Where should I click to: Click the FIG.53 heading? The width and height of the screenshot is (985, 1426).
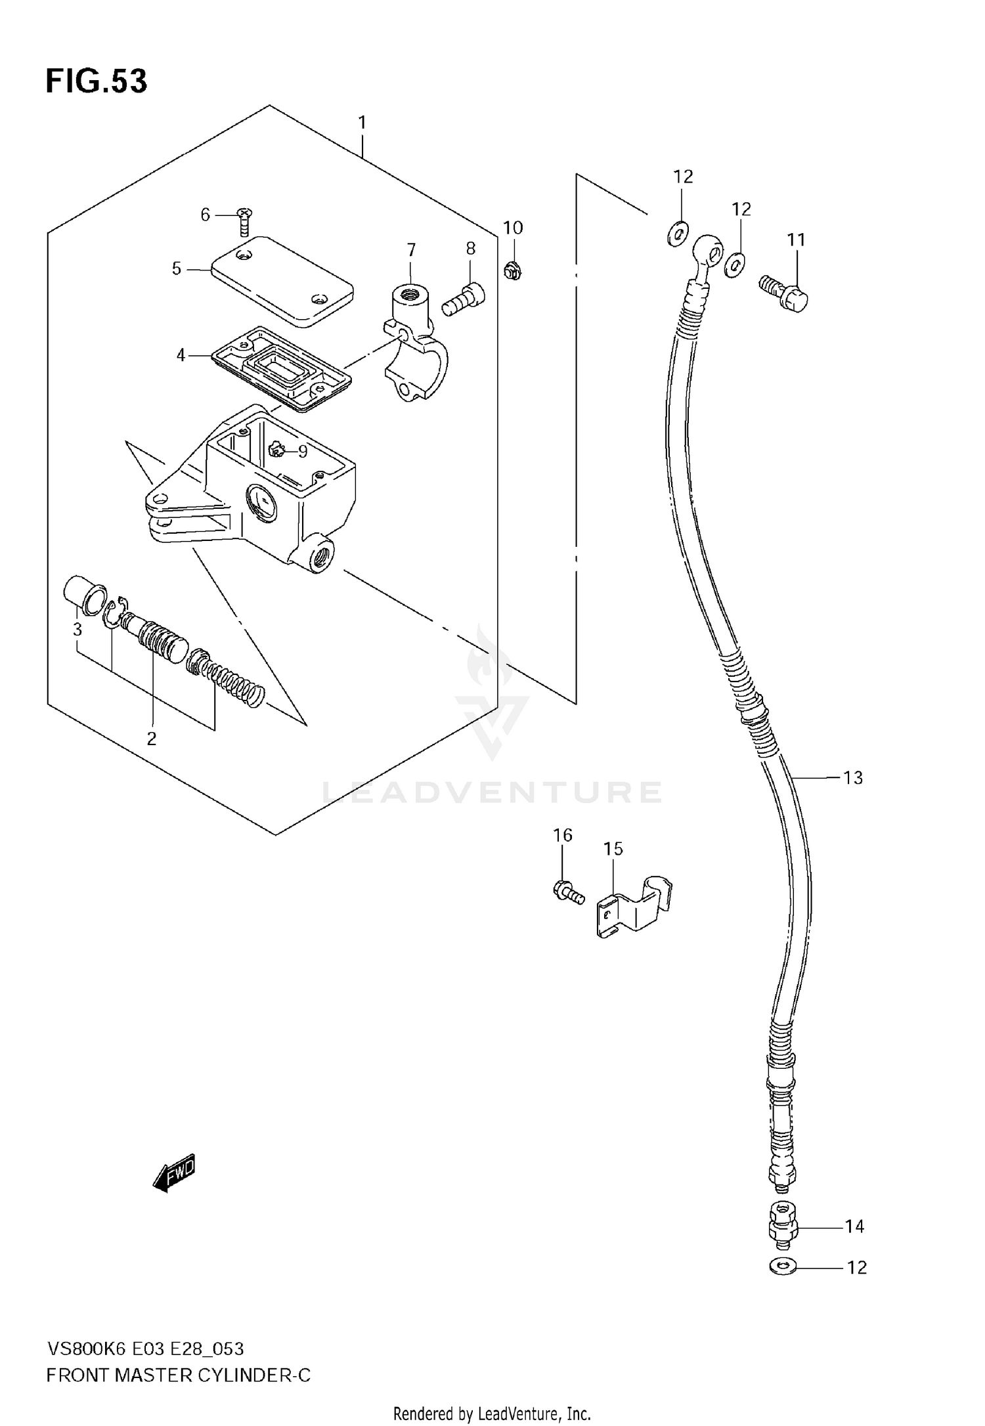point(97,82)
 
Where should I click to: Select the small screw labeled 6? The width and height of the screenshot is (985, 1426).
point(244,222)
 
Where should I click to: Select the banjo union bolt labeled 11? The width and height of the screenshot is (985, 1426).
point(785,293)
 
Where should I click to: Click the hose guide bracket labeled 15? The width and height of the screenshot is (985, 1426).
point(634,906)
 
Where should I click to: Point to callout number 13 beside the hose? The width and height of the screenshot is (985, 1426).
point(852,778)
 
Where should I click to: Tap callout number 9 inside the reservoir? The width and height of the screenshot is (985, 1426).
point(302,451)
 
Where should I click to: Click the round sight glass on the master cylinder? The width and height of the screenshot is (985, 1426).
point(262,503)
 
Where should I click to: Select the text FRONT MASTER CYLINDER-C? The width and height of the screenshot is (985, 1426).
point(178,1375)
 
